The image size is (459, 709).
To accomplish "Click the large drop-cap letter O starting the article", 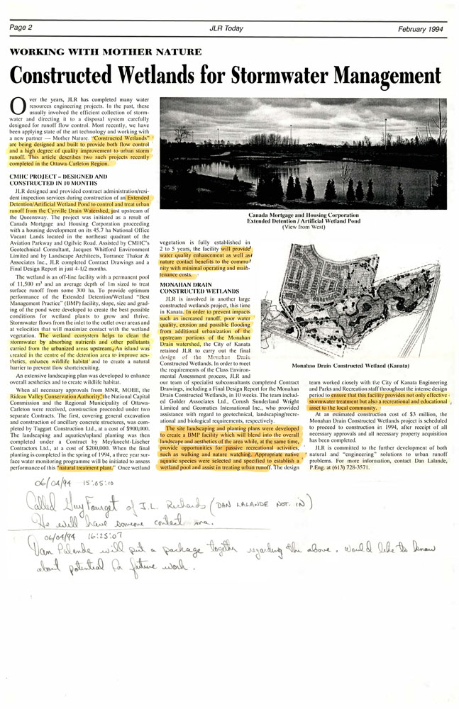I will [18, 105].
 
